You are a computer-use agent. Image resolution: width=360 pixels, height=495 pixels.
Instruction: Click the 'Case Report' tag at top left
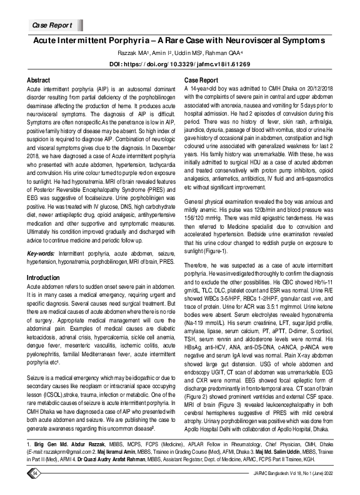(52, 25)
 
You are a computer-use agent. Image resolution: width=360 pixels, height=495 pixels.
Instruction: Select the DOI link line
(179, 64)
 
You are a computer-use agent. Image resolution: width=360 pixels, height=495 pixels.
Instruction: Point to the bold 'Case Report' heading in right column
(200, 81)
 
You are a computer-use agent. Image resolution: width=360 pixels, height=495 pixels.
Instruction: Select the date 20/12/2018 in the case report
(323, 89)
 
